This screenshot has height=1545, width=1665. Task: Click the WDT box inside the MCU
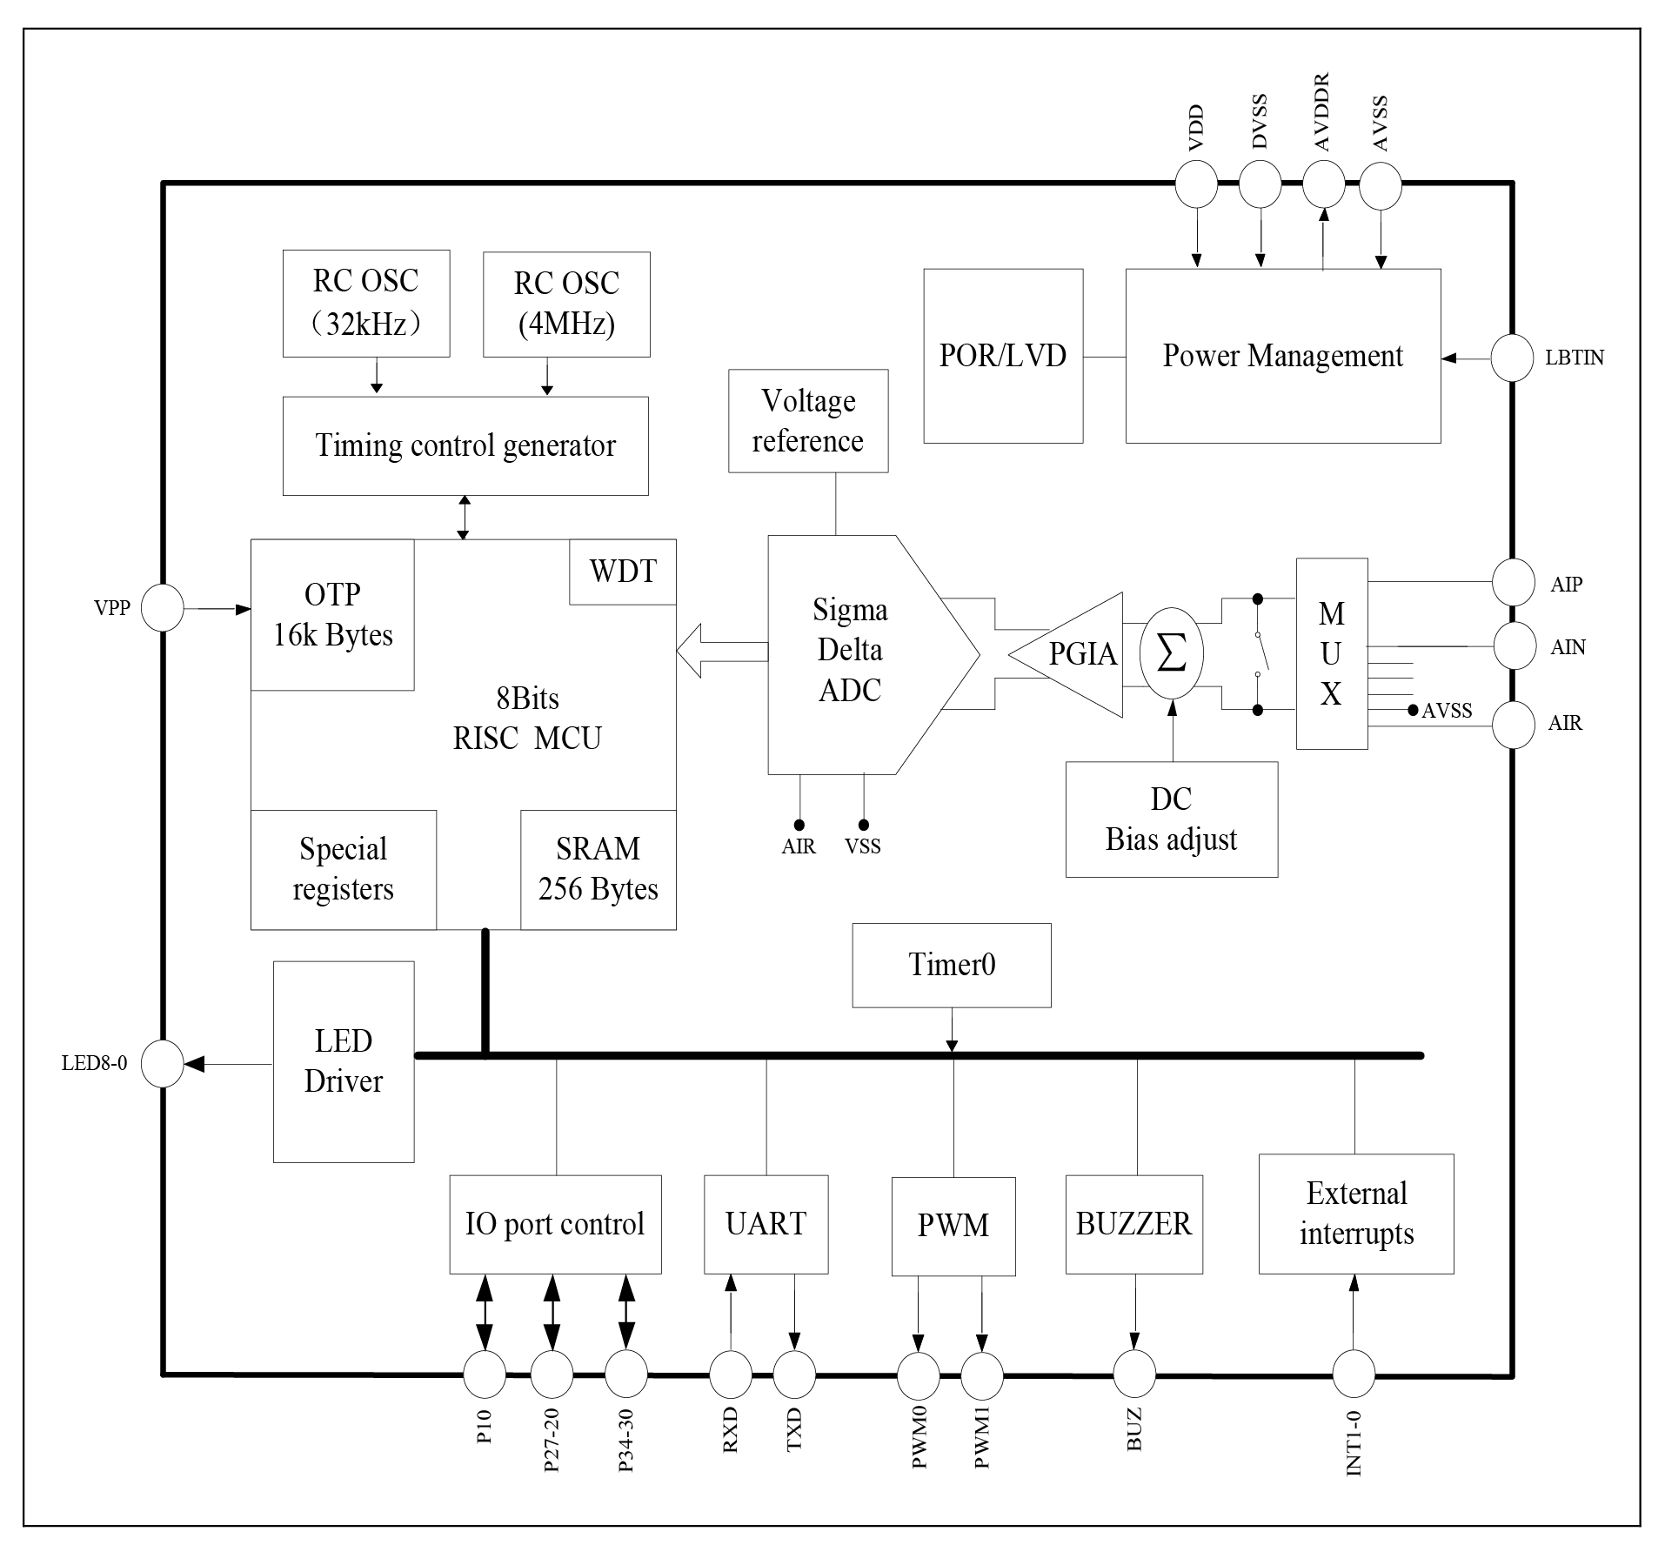[622, 572]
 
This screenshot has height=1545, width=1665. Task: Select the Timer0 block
[951, 965]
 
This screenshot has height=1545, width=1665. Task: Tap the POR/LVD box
[1002, 356]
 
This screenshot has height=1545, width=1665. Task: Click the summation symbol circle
[1171, 653]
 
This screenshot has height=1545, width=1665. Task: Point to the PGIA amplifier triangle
[1074, 654]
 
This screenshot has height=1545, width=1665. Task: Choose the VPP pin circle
[163, 607]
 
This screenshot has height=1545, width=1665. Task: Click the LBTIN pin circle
[1512, 358]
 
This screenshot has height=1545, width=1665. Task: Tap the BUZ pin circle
[1134, 1374]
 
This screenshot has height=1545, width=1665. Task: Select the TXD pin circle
[794, 1374]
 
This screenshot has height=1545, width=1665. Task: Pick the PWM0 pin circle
[919, 1374]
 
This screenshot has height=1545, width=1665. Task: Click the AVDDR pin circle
[1323, 184]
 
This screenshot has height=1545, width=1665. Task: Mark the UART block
[766, 1224]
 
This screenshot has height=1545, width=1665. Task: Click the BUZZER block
[1133, 1224]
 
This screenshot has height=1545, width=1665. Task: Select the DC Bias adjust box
[1171, 819]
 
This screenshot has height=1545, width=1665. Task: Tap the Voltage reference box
[808, 421]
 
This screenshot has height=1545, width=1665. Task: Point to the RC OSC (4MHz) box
[566, 304]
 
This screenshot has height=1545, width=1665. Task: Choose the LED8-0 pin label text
[94, 1063]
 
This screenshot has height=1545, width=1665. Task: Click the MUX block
[1331, 653]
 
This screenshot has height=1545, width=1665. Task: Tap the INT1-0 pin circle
[1354, 1374]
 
